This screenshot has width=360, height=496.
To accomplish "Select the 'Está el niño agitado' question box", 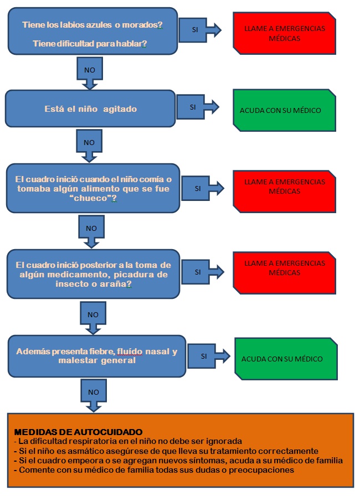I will (90, 108).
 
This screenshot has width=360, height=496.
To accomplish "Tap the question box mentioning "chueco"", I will (93, 188).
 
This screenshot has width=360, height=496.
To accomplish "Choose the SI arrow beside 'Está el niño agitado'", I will (197, 107).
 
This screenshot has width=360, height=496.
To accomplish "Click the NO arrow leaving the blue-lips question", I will (89, 71).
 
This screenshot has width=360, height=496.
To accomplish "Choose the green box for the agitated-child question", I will (283, 110).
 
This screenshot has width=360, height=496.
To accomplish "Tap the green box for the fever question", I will (285, 358).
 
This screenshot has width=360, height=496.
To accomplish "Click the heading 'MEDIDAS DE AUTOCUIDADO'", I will (78, 432).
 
